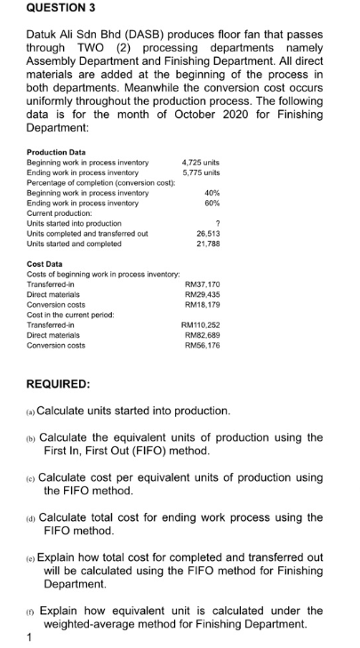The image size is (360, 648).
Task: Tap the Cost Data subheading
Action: point(44,264)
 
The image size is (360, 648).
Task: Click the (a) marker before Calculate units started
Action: point(31,412)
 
